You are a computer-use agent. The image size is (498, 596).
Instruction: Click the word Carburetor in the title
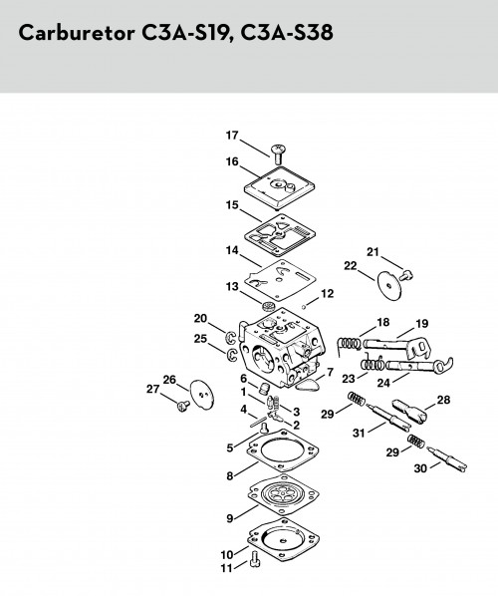point(77,32)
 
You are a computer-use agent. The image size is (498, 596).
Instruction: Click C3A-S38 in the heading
point(287,32)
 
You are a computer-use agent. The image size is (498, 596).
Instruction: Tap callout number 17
point(232,136)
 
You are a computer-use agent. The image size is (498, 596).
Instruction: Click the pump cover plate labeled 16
point(280,187)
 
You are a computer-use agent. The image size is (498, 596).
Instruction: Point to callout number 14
point(232,250)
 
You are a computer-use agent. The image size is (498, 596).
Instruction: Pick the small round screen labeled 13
point(269,306)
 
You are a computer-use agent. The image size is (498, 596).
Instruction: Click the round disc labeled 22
point(389,285)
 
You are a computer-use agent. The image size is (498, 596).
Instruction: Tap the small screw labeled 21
point(407,274)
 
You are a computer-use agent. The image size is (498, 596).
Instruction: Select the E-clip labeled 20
point(231,337)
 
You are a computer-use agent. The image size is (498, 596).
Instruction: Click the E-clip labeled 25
point(232,354)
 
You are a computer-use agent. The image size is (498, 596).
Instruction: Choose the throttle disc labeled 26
point(202,395)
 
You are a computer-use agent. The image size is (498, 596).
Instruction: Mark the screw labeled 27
point(183,407)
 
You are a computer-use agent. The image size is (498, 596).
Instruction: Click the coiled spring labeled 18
point(349,346)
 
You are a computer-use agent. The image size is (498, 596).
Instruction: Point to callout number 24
point(383,383)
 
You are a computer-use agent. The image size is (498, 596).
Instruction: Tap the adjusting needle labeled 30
point(447,459)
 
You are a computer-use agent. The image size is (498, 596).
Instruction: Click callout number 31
point(359,433)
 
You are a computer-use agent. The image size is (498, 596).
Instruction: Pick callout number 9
point(230,518)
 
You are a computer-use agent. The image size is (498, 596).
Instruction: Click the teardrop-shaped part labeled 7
point(307,385)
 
